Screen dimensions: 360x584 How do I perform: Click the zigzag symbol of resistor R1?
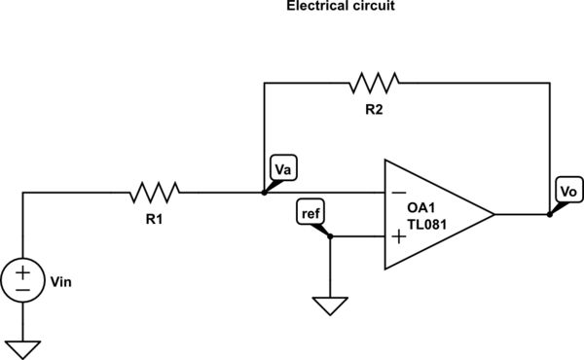tap(156, 192)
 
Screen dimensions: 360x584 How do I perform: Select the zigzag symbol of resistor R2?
tap(375, 83)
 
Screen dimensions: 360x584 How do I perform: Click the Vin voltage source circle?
tap(21, 278)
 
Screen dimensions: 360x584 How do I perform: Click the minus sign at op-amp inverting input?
tap(398, 193)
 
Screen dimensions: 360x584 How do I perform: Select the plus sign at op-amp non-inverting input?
tap(398, 235)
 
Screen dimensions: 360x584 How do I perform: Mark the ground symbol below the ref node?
tap(331, 306)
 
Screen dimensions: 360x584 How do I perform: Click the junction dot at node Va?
tap(265, 193)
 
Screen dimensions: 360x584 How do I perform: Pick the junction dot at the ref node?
tap(331, 235)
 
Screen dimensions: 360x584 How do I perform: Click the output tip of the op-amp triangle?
tap(494, 214)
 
